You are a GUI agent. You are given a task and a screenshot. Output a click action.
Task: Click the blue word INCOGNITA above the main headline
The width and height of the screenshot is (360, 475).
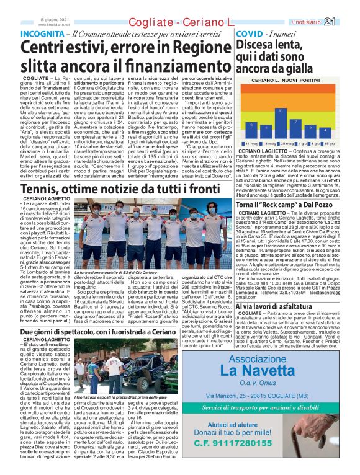coord(42,33)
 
